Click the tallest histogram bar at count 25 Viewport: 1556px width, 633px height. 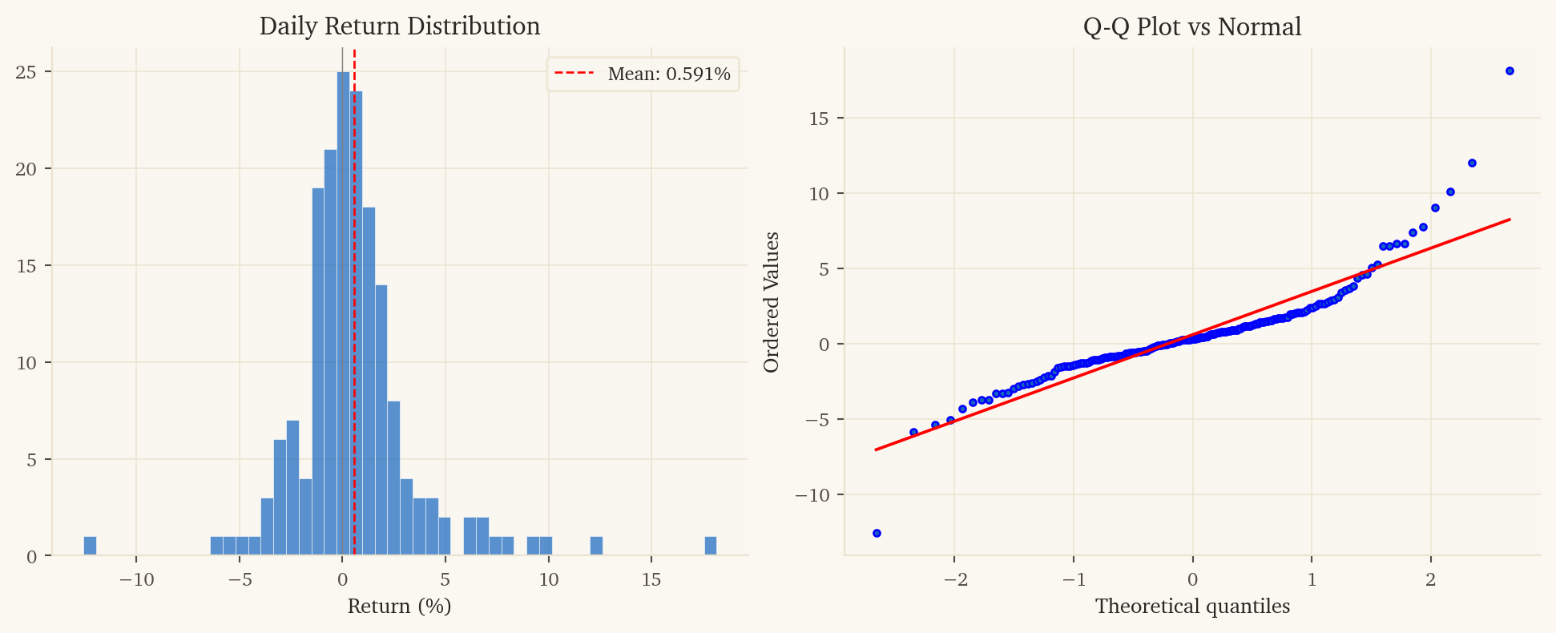pos(343,312)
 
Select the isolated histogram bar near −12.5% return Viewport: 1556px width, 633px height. pos(90,546)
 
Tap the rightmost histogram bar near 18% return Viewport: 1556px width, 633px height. pos(710,546)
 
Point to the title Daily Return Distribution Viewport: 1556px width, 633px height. pos(399,26)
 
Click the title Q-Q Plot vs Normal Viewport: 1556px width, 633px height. pos(1191,26)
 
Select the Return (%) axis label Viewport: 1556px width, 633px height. pos(399,606)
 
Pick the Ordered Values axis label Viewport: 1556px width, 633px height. pos(771,302)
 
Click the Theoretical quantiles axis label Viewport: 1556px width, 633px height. pos(1192,606)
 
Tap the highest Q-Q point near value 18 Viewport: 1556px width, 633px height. pos(1510,71)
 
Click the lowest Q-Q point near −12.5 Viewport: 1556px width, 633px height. pos(877,533)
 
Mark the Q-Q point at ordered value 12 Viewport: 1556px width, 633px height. pos(1472,163)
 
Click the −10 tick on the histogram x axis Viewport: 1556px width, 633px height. pos(136,579)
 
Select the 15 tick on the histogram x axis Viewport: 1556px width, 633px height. pos(651,579)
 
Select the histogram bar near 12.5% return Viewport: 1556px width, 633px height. pos(596,546)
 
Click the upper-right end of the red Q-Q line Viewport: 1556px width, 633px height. pos(1510,220)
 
